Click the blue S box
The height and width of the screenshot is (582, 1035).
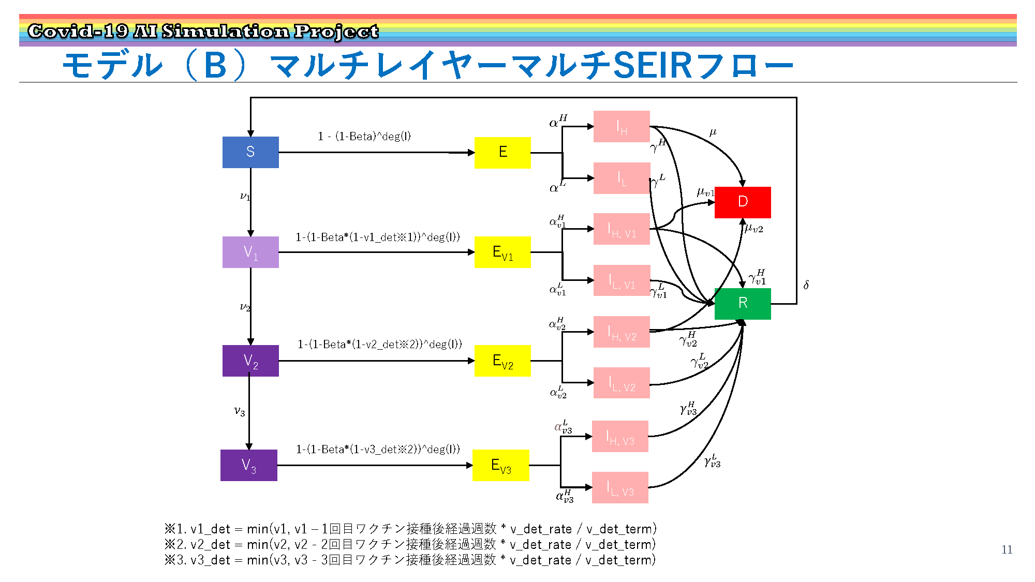(250, 152)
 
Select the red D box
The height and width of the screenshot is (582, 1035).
(743, 202)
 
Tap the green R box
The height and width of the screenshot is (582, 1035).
(743, 304)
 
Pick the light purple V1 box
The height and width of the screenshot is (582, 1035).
(250, 252)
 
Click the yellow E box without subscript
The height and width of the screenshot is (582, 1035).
(502, 153)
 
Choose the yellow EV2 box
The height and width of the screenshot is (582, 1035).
(502, 361)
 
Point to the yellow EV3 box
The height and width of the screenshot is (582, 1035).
(501, 465)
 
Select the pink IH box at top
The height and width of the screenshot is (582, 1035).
(622, 126)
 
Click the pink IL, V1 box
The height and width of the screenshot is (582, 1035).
(622, 280)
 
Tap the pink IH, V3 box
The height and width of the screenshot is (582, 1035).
(620, 436)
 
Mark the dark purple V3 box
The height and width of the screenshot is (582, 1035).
(249, 465)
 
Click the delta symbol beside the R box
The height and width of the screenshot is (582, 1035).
(806, 285)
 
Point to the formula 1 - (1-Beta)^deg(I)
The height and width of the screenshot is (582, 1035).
(364, 136)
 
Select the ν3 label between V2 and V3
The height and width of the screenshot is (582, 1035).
(239, 411)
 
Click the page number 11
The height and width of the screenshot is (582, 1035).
(1007, 549)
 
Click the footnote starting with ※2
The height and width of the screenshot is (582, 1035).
(410, 544)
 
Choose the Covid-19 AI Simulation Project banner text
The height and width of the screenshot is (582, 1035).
(203, 31)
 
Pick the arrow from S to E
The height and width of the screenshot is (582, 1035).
(377, 153)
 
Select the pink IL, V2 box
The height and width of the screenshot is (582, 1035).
(622, 383)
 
